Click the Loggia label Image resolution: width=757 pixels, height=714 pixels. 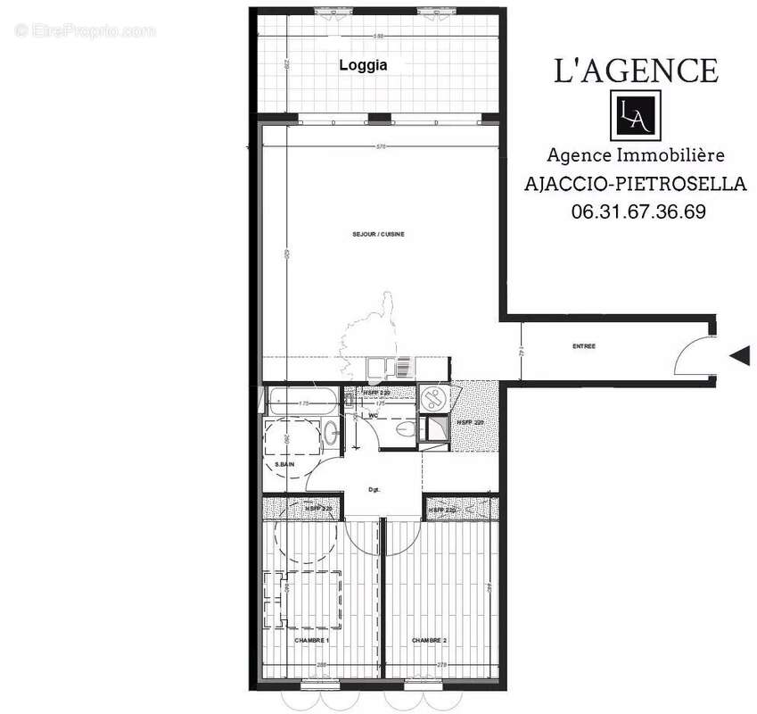click(x=362, y=65)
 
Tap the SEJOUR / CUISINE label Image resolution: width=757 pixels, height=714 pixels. click(x=378, y=234)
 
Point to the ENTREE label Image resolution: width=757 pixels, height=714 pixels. click(x=584, y=345)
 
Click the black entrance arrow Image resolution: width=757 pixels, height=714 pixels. click(x=739, y=356)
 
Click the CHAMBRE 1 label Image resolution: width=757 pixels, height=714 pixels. click(x=312, y=640)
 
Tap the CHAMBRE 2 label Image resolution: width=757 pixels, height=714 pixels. click(x=429, y=640)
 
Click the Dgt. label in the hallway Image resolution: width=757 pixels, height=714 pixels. click(x=374, y=488)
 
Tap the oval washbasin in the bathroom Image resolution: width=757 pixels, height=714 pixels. click(x=330, y=434)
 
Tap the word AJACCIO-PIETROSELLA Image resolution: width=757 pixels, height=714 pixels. click(x=634, y=184)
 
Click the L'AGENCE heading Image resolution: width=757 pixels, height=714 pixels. click(x=636, y=70)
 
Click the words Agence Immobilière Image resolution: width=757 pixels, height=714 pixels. click(x=635, y=155)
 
